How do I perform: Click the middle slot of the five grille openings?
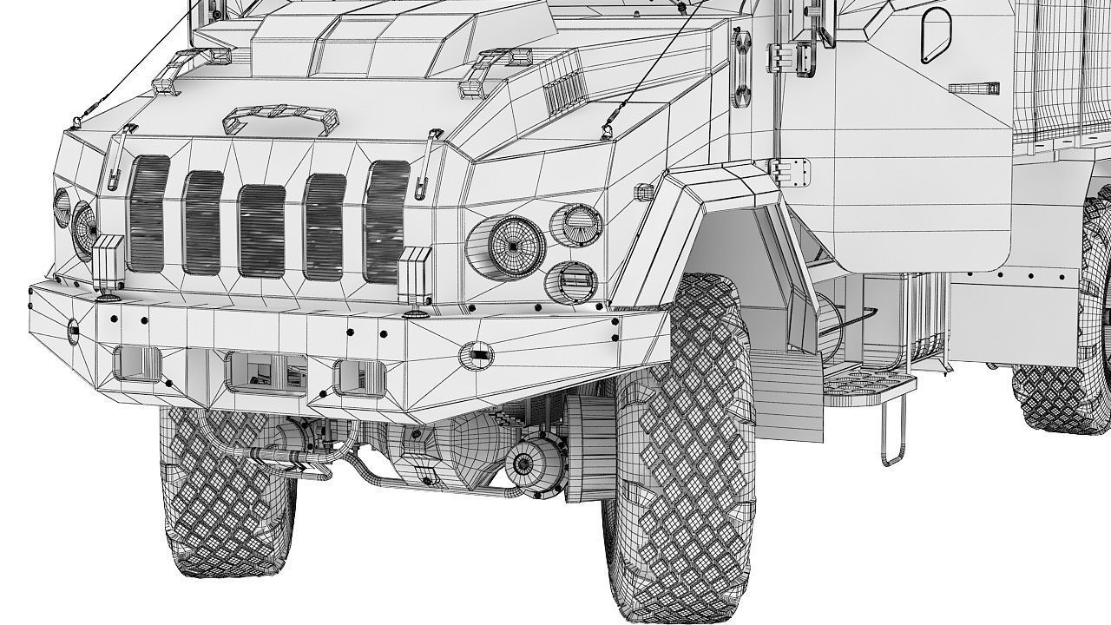click(262, 231)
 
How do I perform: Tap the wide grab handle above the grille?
click(279, 117)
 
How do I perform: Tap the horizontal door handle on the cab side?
click(973, 89)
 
